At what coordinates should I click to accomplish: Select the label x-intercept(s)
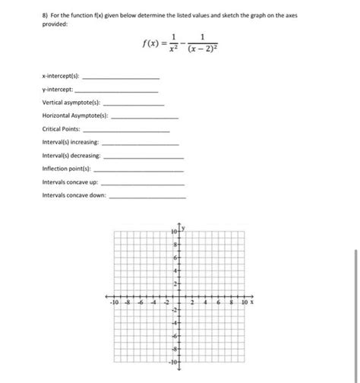pos(61,78)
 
